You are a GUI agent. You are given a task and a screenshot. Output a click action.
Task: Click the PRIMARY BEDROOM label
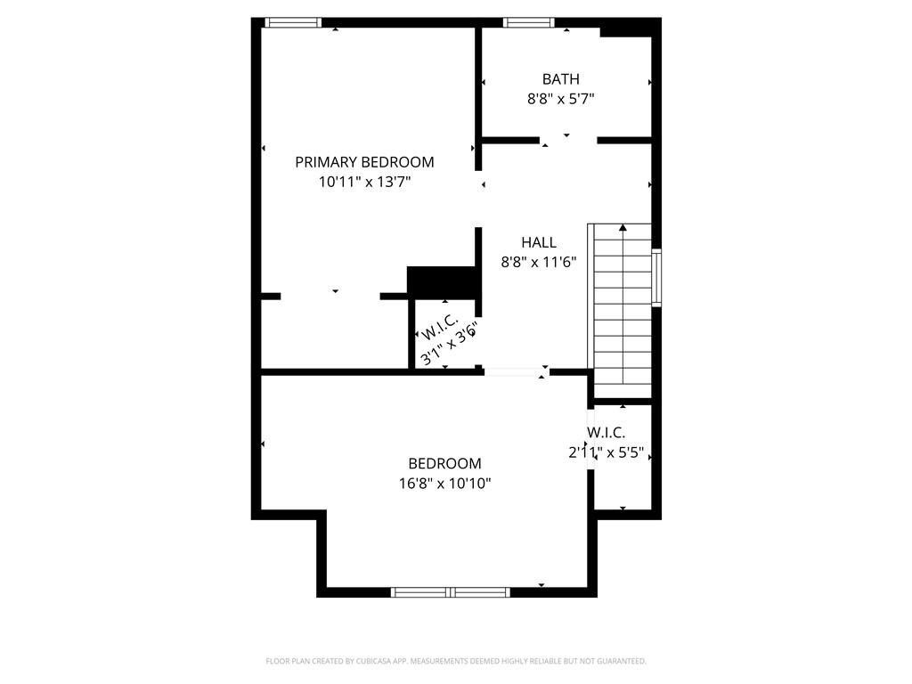tap(364, 162)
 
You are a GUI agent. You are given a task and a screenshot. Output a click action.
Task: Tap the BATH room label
tap(560, 79)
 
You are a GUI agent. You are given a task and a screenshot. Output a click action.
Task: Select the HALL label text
tap(539, 242)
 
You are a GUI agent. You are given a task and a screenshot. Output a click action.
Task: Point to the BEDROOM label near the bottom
tap(444, 463)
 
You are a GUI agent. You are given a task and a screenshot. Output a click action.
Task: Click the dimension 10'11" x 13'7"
tap(364, 182)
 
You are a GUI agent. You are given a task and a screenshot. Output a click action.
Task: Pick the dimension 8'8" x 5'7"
tap(560, 99)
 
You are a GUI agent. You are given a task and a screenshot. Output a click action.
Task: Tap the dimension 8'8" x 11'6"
tap(539, 262)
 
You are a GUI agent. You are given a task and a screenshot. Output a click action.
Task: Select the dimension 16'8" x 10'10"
tap(444, 483)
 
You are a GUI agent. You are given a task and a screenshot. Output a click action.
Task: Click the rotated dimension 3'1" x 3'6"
tap(451, 343)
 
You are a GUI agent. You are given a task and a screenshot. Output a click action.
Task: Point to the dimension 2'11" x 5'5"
tap(606, 452)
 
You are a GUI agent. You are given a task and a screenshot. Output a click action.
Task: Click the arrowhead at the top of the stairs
tap(623, 228)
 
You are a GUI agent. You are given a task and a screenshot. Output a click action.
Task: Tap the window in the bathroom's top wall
tap(529, 22)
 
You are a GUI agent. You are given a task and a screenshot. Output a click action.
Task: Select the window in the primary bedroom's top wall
tap(293, 22)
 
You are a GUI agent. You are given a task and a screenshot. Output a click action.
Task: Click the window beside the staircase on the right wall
tap(656, 278)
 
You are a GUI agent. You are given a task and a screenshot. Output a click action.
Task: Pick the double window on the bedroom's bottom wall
tap(451, 591)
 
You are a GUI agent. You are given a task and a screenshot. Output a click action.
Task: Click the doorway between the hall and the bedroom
tap(515, 372)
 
